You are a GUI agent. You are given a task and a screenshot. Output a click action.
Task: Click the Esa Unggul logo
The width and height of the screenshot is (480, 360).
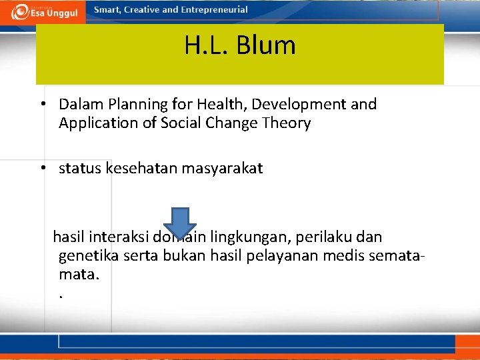point(43,11)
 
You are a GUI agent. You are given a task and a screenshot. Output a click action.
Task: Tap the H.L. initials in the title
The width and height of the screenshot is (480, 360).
point(206,45)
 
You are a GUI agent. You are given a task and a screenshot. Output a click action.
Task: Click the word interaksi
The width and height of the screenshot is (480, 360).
point(121,237)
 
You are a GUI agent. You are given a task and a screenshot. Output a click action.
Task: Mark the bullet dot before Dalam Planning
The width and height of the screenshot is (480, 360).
point(42,104)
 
